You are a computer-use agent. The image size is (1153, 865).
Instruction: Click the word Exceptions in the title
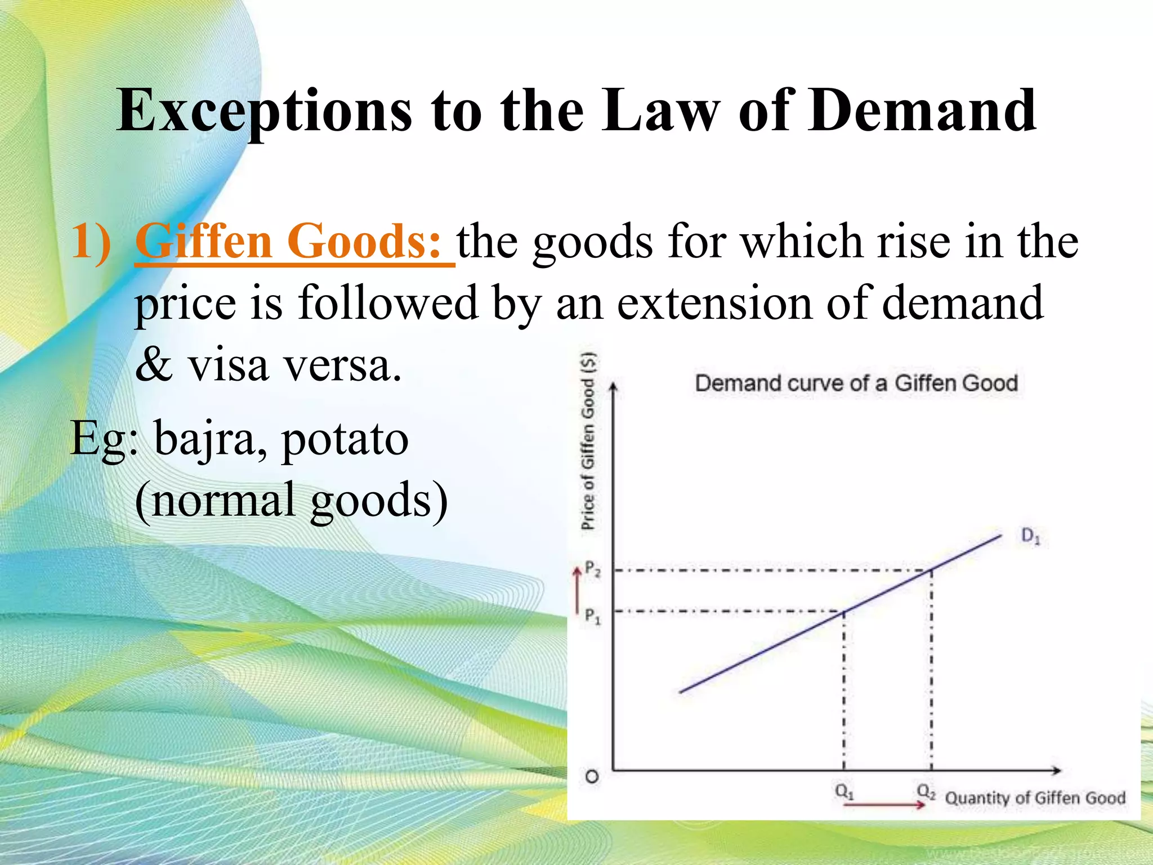pos(265,112)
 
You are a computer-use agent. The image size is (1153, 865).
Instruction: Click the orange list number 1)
pos(90,241)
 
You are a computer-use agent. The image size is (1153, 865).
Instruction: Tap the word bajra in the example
pos(206,439)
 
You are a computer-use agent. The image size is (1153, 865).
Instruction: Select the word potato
pos(345,439)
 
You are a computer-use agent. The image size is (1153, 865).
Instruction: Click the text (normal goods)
pos(292,500)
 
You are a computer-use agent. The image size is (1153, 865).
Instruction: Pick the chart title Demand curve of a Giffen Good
pos(856,384)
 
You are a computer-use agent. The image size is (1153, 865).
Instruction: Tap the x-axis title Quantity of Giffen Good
pos(1035,798)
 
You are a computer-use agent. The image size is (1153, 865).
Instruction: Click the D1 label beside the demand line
pos(1031,536)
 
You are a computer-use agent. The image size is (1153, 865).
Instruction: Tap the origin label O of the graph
pos(592,777)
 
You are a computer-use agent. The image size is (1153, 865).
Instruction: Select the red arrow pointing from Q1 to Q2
pos(884,805)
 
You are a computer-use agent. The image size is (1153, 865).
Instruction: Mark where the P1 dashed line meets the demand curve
pos(843,612)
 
